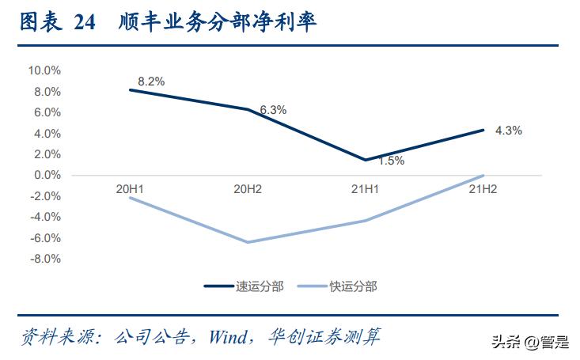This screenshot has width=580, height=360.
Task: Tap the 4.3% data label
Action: [508, 131]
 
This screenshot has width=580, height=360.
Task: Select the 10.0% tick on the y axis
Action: [44, 70]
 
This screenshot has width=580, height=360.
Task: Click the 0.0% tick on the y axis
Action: [47, 175]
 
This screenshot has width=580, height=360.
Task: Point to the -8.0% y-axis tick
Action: [45, 259]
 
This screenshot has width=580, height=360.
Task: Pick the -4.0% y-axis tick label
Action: [45, 217]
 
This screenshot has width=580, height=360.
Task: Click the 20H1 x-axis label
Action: [131, 188]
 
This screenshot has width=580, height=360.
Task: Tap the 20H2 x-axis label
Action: [248, 188]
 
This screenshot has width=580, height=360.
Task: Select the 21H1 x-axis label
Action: [366, 188]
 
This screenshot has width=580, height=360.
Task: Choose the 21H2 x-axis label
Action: [483, 188]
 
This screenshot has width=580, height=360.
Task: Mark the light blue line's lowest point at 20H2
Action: [248, 242]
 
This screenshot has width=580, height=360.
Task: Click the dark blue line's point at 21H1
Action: [366, 160]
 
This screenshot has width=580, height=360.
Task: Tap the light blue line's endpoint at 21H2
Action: [483, 175]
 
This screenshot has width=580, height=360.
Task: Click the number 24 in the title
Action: [85, 24]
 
